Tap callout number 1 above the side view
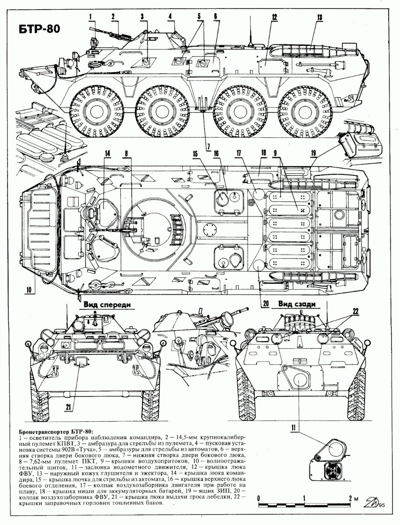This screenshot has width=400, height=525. (92, 17)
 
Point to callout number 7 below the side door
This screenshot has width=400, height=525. (208, 145)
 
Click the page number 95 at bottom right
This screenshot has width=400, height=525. (382, 506)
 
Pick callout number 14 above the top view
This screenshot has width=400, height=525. (107, 153)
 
